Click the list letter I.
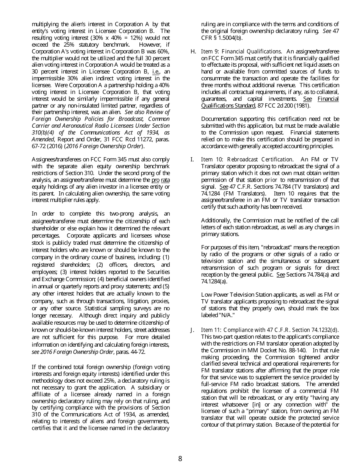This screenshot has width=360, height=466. [x=192, y=160]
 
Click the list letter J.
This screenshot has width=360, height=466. [x=193, y=330]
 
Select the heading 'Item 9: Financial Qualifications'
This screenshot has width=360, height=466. [x=241, y=52]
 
